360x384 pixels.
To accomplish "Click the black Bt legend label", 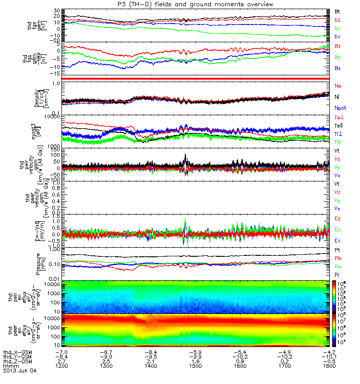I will click(x=337, y=11).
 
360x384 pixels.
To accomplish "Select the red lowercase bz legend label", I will click(x=337, y=20).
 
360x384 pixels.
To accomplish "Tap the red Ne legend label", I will click(x=338, y=86).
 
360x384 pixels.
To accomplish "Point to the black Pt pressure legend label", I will click(x=337, y=251).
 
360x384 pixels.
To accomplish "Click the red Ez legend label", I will click(x=338, y=218).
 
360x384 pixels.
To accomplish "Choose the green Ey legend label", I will click(x=338, y=229).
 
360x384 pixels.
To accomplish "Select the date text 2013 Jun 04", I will click(x=20, y=371).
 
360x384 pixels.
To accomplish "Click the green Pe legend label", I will click(x=337, y=266).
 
